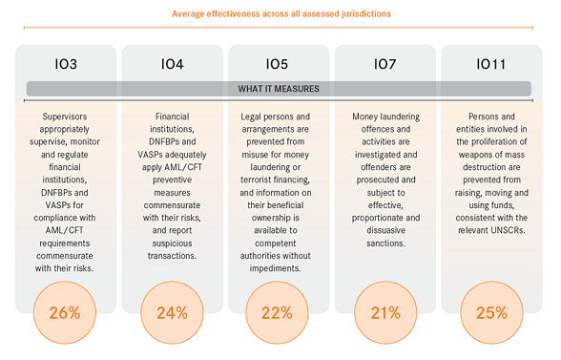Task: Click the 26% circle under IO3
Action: click(x=65, y=312)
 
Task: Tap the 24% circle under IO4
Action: click(x=172, y=312)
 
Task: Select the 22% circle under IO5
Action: click(x=277, y=312)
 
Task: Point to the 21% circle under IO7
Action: click(x=385, y=312)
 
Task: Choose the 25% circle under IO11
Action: click(x=491, y=312)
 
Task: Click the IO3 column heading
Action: click(x=66, y=64)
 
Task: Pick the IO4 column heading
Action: click(x=172, y=64)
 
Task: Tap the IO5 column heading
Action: click(x=277, y=64)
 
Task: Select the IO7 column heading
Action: click(x=385, y=64)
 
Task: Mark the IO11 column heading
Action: click(x=491, y=64)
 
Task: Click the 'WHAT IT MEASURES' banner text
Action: click(x=279, y=89)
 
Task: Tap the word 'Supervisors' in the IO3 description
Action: click(x=65, y=116)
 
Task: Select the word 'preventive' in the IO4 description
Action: click(x=172, y=180)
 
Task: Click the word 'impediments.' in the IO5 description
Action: click(x=275, y=268)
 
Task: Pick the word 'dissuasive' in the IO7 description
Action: click(x=385, y=230)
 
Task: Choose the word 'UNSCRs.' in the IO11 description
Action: click(x=508, y=230)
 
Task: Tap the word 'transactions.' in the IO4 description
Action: click(x=172, y=256)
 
